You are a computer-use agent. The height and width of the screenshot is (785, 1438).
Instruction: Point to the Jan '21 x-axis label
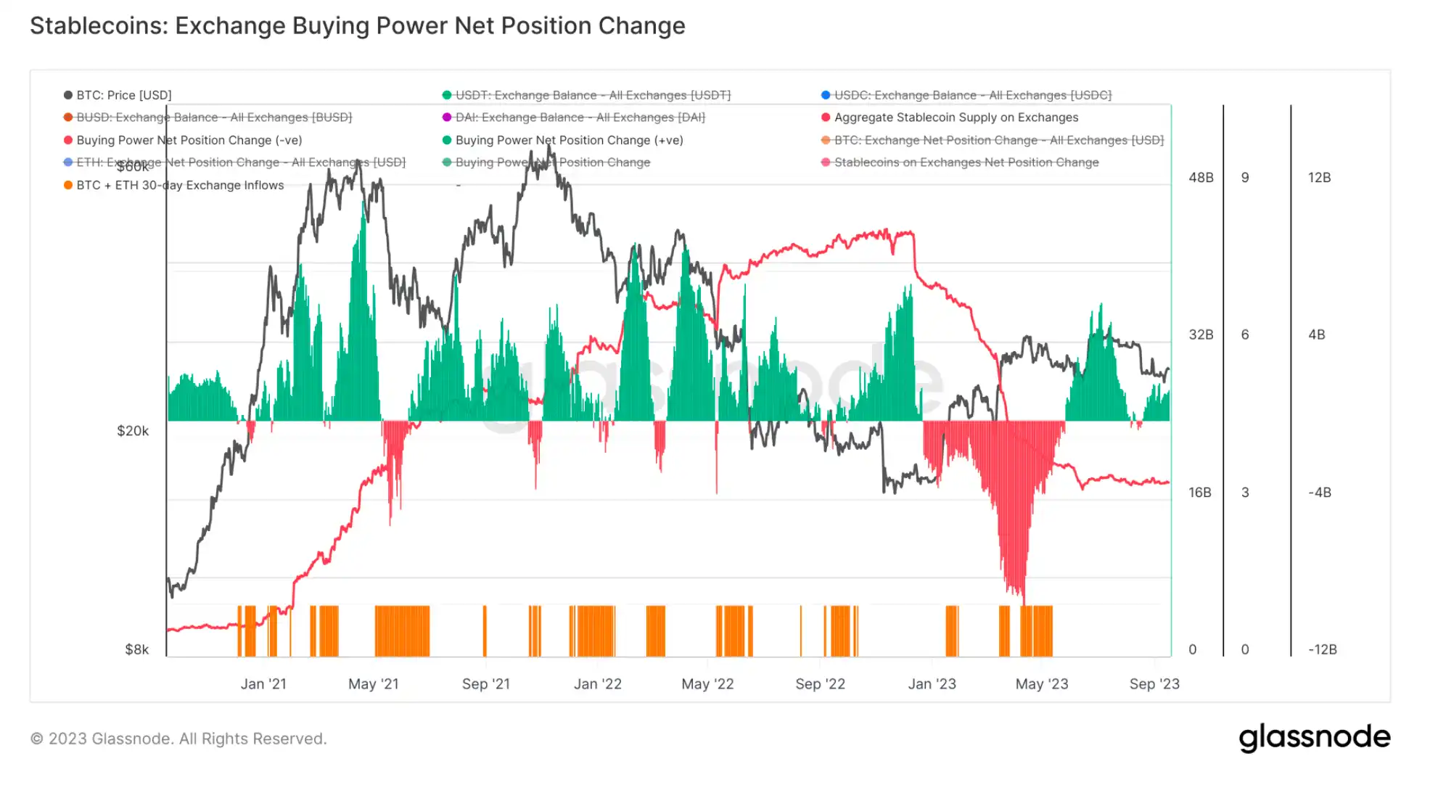point(263,684)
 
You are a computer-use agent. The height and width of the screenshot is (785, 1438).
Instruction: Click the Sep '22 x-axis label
point(820,684)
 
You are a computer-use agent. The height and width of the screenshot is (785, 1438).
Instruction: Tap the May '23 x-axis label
point(1041,684)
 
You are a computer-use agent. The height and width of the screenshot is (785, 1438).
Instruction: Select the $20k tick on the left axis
point(133,431)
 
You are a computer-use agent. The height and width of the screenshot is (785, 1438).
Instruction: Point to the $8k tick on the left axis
point(136,649)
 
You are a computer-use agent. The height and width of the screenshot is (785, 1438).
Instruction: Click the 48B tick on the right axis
point(1201,178)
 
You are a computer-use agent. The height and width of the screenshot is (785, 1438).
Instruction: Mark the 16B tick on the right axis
point(1200,493)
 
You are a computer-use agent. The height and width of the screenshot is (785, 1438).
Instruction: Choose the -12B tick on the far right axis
point(1322,649)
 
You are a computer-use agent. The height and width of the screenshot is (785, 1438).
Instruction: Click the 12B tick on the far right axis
point(1319,178)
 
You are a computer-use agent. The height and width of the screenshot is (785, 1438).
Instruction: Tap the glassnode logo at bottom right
point(1314,737)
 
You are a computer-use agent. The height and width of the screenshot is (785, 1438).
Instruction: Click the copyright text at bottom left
point(178,739)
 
